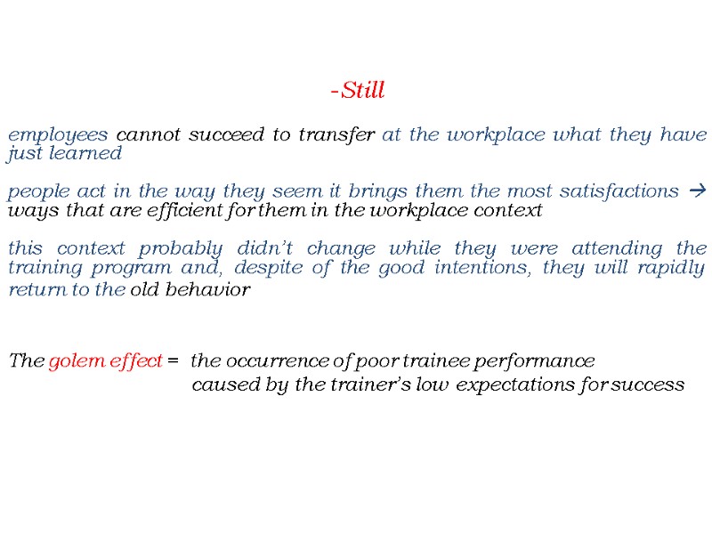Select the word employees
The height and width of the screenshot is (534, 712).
point(59,135)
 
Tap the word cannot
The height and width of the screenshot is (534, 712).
point(148,135)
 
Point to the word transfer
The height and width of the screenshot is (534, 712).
point(337,135)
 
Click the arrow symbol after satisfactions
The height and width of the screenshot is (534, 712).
point(697,191)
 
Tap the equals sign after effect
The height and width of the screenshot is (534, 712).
point(173,361)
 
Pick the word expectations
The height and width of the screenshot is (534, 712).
point(506,385)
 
